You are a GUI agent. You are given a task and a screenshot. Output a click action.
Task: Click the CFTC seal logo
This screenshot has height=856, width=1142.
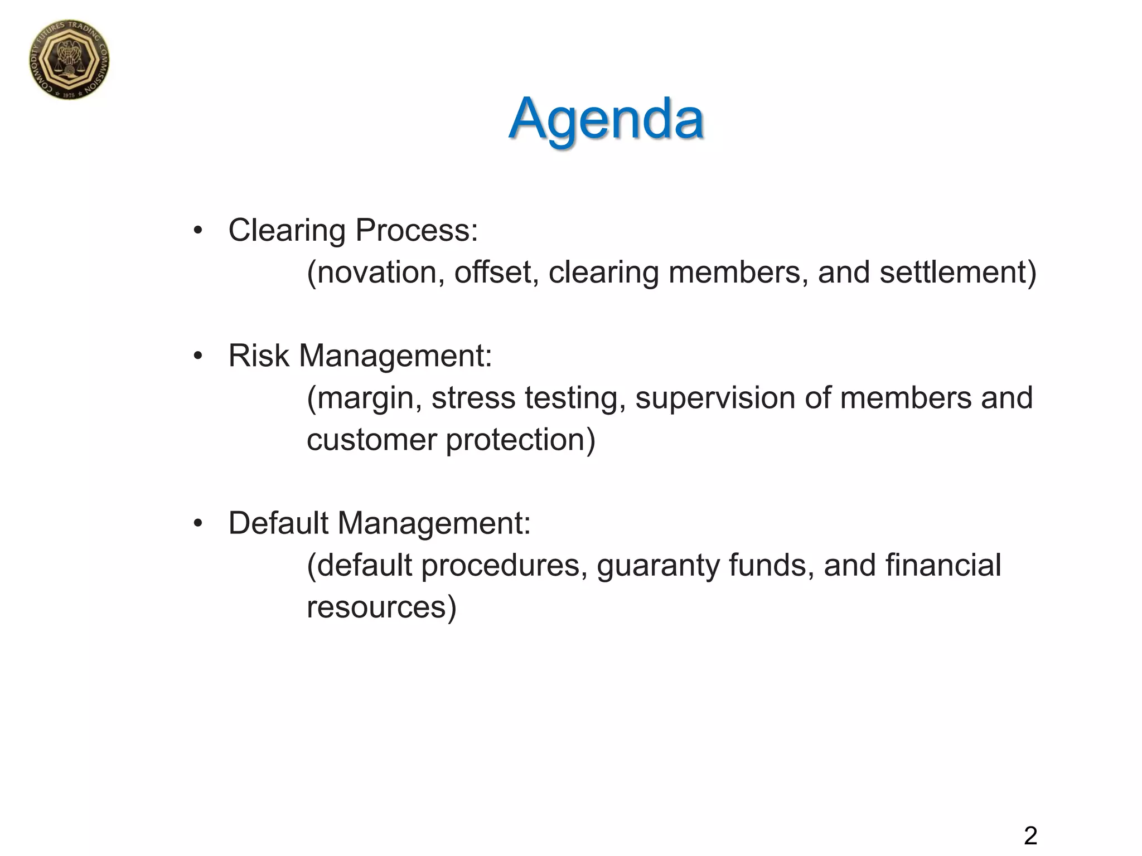click(69, 60)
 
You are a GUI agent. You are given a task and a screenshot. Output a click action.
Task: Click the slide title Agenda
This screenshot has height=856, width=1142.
click(606, 119)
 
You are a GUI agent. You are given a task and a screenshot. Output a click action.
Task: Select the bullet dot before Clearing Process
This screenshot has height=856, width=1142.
click(197, 230)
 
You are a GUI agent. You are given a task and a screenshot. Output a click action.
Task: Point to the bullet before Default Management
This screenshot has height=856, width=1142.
click(197, 523)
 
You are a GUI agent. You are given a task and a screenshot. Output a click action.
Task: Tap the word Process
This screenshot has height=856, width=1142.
click(417, 230)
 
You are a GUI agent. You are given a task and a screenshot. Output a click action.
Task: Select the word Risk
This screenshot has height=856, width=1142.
click(259, 356)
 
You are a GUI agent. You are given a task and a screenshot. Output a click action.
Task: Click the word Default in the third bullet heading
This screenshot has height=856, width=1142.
click(278, 523)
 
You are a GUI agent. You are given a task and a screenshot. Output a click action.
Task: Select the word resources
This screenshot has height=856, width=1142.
click(378, 607)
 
